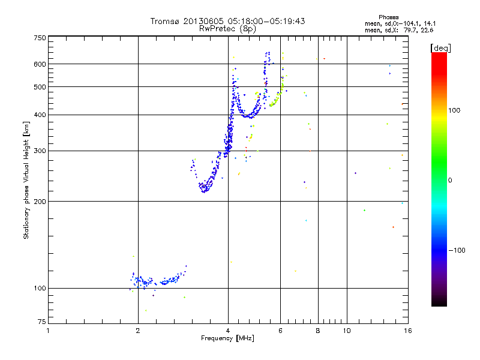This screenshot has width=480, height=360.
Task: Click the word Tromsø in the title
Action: point(164,21)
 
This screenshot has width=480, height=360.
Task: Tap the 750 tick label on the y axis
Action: point(39,37)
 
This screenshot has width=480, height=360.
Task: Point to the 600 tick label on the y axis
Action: point(39,64)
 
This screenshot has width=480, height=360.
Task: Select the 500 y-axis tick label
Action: point(39,86)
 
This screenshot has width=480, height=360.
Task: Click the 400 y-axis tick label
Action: point(39,115)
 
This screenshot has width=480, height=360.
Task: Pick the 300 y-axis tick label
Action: point(39,151)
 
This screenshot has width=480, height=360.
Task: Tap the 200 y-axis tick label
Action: point(39,201)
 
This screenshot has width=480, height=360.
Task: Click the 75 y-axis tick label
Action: point(41,324)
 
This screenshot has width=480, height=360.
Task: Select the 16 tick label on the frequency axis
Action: point(407,331)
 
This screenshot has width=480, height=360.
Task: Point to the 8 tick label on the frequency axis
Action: point(318,331)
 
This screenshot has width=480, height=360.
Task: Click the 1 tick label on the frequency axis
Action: point(48,331)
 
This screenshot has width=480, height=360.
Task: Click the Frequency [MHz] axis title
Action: point(227,338)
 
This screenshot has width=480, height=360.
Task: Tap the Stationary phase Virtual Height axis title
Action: point(26,181)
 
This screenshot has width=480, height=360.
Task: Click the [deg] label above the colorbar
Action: point(441,47)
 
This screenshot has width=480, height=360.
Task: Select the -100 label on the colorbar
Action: point(459,250)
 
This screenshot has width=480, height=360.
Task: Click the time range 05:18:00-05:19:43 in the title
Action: point(259,21)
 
